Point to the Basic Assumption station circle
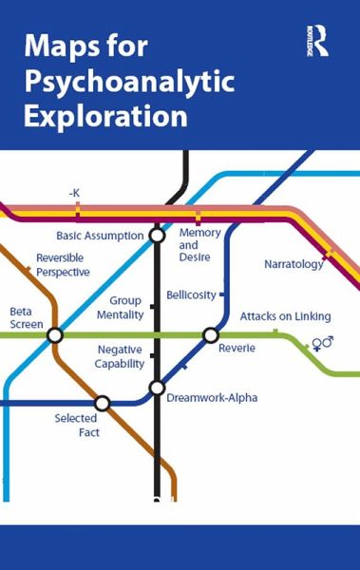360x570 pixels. tap(158, 236)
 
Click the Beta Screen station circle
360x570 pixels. tap(55, 334)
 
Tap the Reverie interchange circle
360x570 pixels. tap(211, 334)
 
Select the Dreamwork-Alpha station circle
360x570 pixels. tap(158, 388)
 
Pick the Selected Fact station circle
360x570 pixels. tap(103, 403)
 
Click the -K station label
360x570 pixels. tap(74, 193)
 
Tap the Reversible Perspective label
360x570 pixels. tap(63, 265)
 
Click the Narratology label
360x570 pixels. tap(294, 264)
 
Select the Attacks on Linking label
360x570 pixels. tap(285, 315)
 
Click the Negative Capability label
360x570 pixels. tap(121, 356)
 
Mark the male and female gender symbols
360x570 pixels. tap(323, 343)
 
